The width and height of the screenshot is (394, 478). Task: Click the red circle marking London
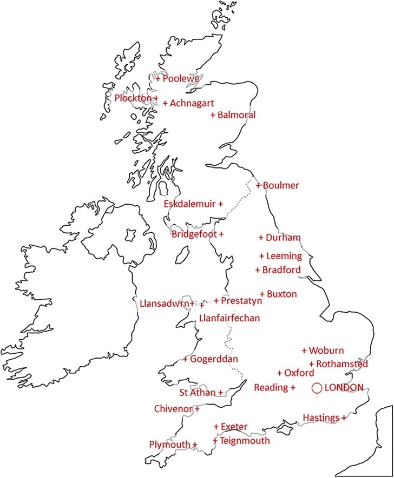(x=317, y=388)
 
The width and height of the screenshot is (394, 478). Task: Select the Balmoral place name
(x=237, y=115)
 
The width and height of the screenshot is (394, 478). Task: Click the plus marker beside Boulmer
(x=259, y=186)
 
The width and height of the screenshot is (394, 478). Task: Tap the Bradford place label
(x=281, y=270)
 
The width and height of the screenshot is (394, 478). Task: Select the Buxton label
(x=281, y=294)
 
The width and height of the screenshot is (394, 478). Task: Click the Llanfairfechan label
(x=229, y=318)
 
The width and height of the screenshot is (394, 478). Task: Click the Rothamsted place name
(x=342, y=365)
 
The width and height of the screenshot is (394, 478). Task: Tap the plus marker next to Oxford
(x=279, y=373)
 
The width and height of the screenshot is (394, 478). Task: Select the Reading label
(x=271, y=388)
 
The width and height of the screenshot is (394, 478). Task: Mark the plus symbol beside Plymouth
(x=194, y=445)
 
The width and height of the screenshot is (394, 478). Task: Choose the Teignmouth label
(x=245, y=441)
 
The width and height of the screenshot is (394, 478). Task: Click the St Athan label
(x=197, y=393)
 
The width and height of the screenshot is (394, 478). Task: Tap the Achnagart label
(x=192, y=103)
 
